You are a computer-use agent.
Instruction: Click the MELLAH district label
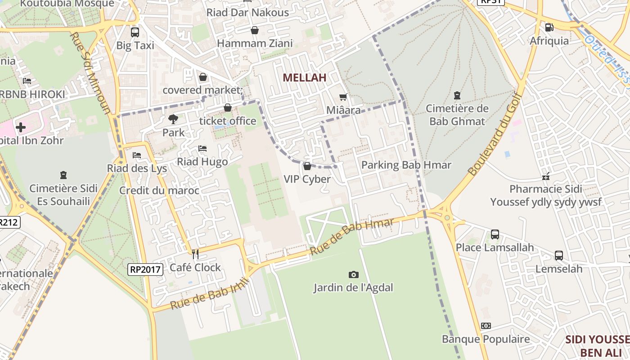click(x=304, y=77)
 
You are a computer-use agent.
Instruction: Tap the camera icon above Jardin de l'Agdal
click(x=354, y=274)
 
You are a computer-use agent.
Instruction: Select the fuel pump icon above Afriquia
click(x=549, y=27)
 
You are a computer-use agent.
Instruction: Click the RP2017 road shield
click(x=145, y=270)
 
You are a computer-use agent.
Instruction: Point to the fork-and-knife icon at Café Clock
click(x=195, y=254)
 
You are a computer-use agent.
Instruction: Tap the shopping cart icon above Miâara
click(x=343, y=97)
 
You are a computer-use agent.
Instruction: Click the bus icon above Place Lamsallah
click(x=495, y=234)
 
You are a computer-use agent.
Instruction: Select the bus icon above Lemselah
click(x=558, y=255)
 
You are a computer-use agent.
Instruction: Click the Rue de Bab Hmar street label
click(x=352, y=236)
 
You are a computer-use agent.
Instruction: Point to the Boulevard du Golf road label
click(x=495, y=134)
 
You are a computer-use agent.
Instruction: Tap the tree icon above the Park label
click(x=173, y=119)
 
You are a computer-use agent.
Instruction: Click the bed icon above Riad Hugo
click(x=202, y=148)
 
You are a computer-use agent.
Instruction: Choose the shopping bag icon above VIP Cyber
click(x=307, y=166)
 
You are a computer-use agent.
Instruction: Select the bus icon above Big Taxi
click(x=135, y=32)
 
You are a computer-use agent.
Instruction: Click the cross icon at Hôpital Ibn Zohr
click(x=21, y=127)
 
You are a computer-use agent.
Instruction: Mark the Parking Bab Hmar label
click(x=406, y=165)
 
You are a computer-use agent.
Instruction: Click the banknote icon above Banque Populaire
click(x=486, y=325)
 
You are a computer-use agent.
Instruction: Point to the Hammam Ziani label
click(x=255, y=43)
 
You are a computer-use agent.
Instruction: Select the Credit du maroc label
click(x=159, y=190)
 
